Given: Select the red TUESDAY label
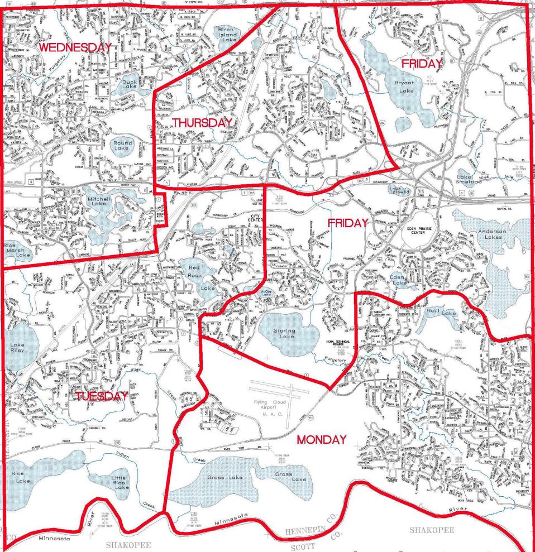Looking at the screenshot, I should click(102, 396).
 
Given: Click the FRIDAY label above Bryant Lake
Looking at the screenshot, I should click(422, 64).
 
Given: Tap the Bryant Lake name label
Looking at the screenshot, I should click(404, 86).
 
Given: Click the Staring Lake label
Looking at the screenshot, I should click(284, 334).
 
